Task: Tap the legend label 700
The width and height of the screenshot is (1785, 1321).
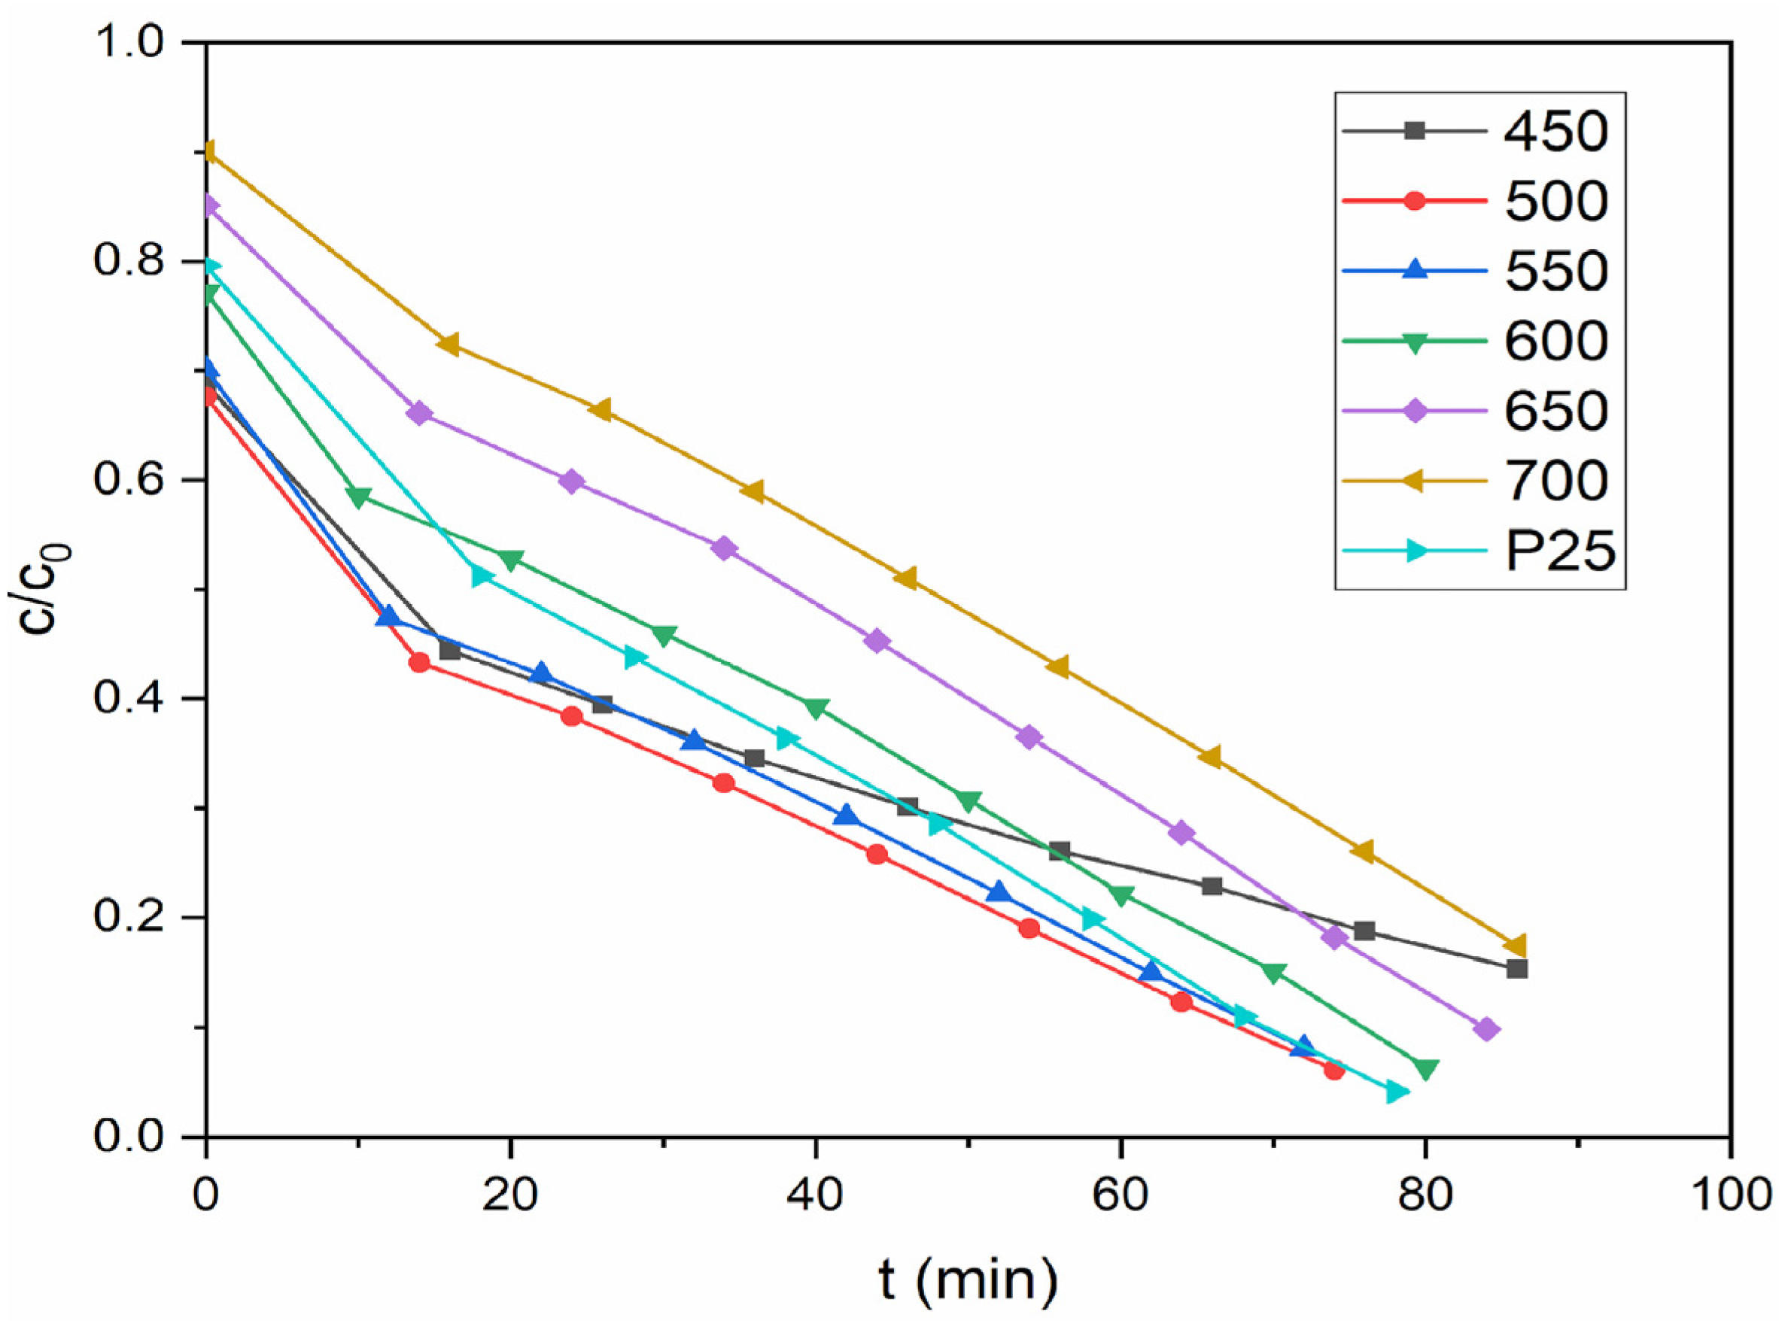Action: tap(1555, 481)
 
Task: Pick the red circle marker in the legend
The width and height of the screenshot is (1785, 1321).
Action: tap(1414, 200)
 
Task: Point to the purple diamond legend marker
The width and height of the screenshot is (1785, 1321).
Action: tap(1414, 411)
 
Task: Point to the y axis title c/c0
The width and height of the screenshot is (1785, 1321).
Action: tap(47, 588)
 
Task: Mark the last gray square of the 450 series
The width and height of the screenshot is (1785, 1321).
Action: tap(1516, 969)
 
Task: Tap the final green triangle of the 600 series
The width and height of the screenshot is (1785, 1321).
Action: tap(1425, 1069)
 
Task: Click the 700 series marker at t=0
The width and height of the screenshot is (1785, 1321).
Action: tap(208, 152)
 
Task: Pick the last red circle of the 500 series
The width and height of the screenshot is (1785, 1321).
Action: tap(1333, 1070)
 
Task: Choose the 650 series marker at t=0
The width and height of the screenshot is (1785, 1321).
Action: tap(208, 206)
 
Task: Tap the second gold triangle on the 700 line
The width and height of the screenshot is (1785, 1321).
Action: tap(448, 344)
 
